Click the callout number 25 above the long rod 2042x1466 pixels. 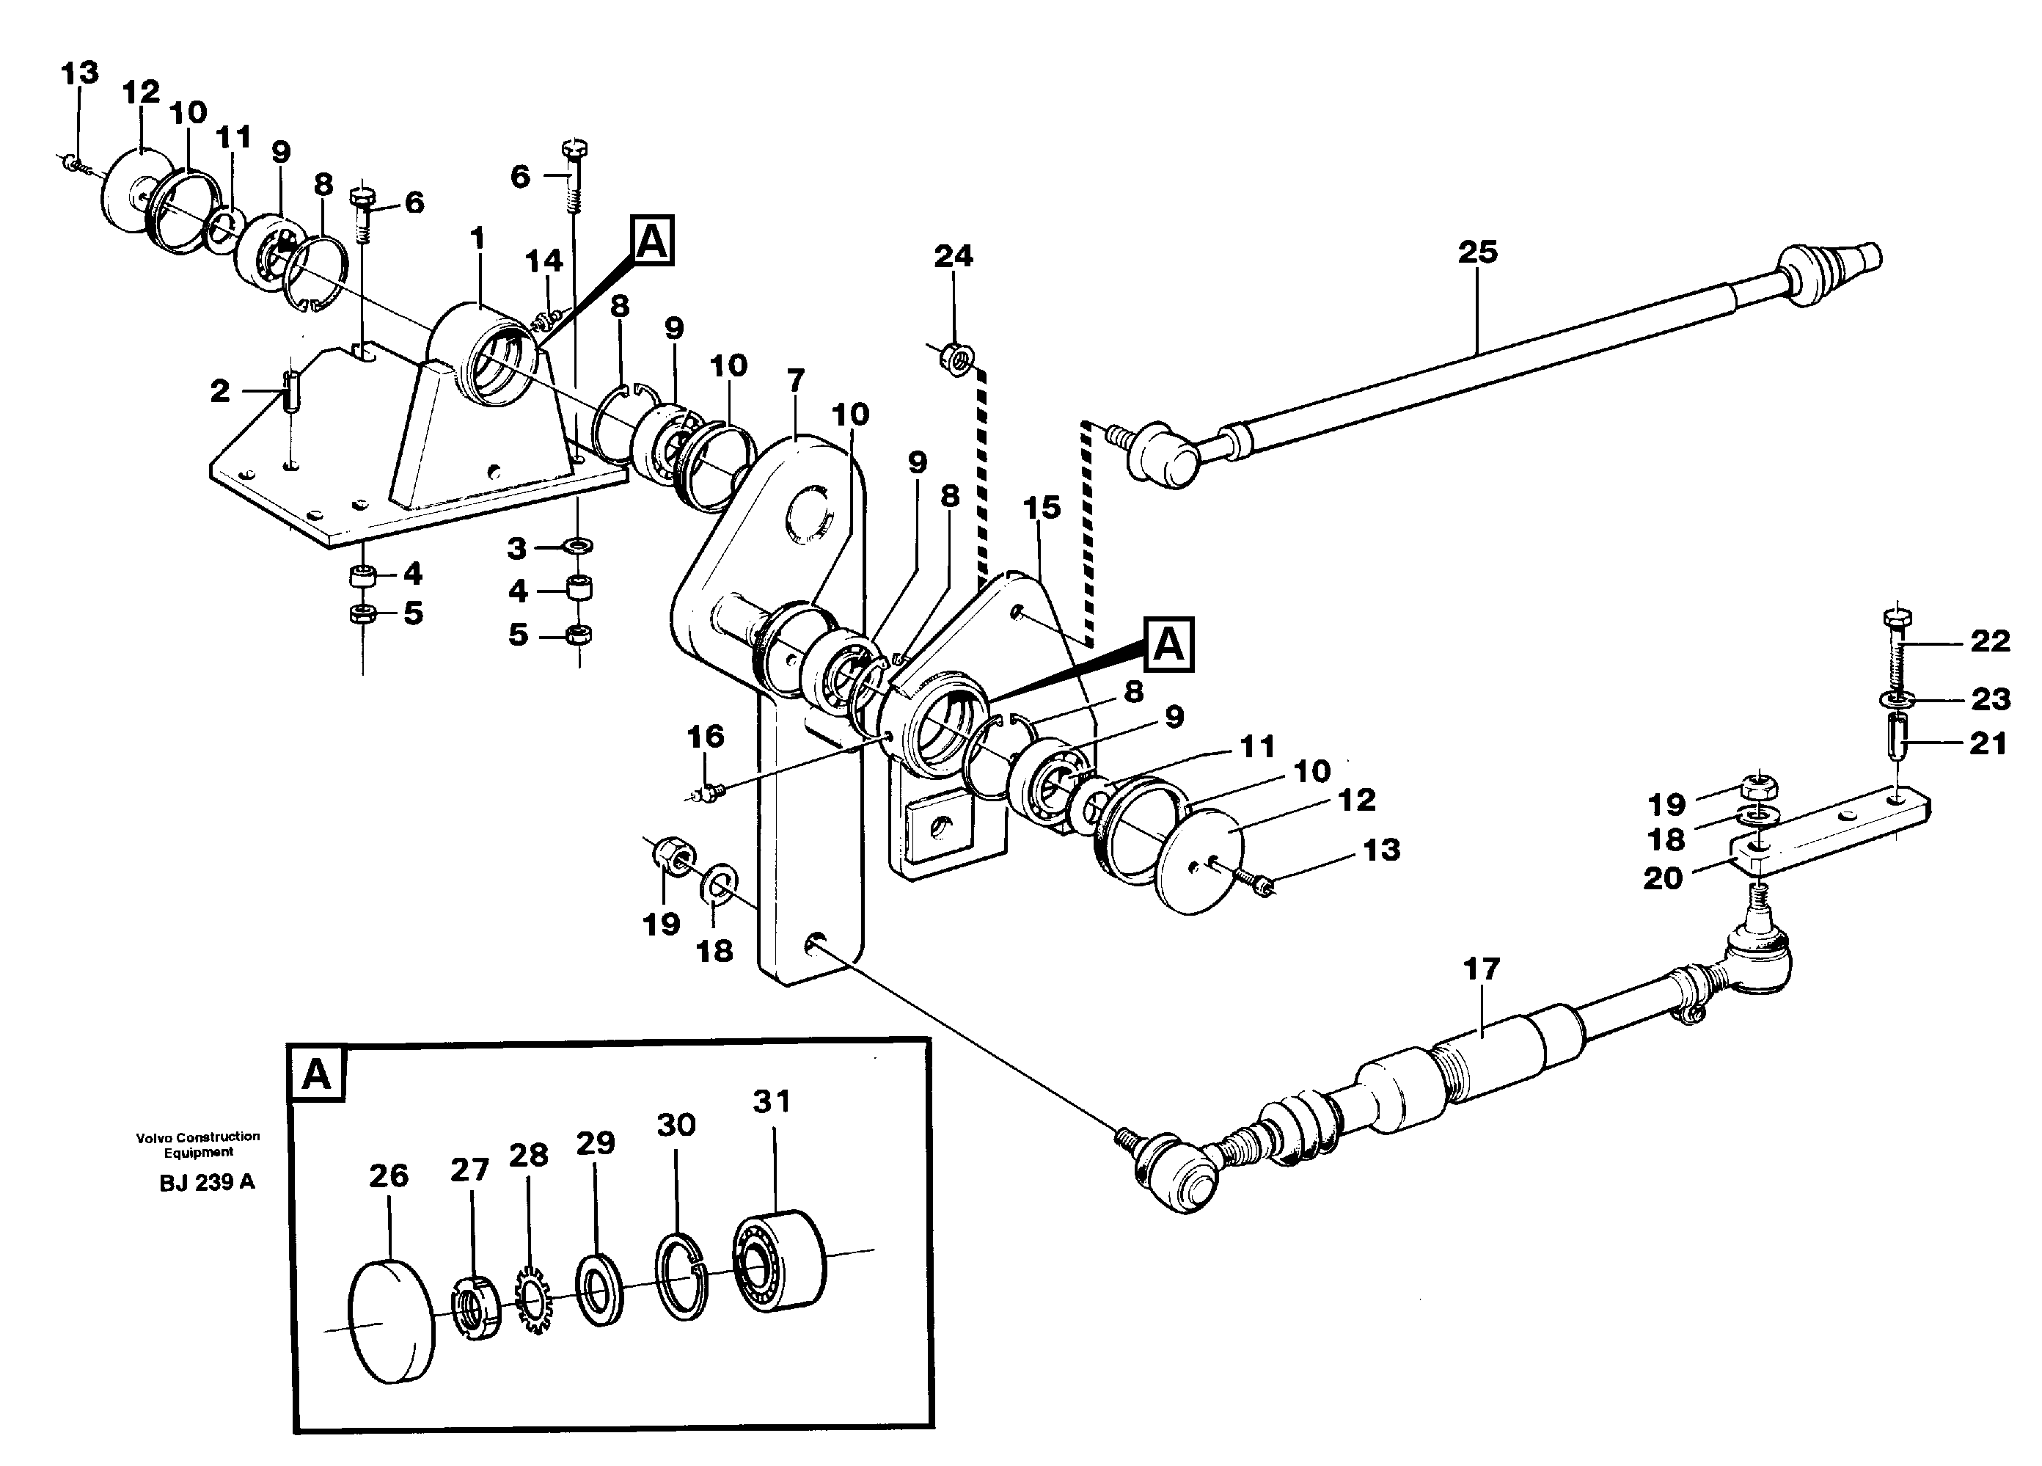pos(1477,252)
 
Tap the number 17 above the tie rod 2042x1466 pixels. pos(1481,969)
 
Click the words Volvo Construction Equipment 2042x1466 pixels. pos(198,1144)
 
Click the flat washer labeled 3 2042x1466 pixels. pos(577,546)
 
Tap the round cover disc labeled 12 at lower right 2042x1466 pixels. pos(1199,850)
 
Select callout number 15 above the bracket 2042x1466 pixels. pos(1042,508)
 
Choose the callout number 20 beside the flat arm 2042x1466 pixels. pos(1662,878)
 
